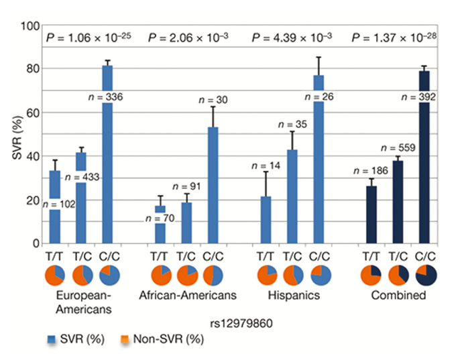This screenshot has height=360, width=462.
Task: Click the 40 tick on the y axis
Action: [32, 156]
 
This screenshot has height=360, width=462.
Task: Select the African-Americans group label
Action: [187, 296]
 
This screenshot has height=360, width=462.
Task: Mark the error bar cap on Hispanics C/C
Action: [319, 58]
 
